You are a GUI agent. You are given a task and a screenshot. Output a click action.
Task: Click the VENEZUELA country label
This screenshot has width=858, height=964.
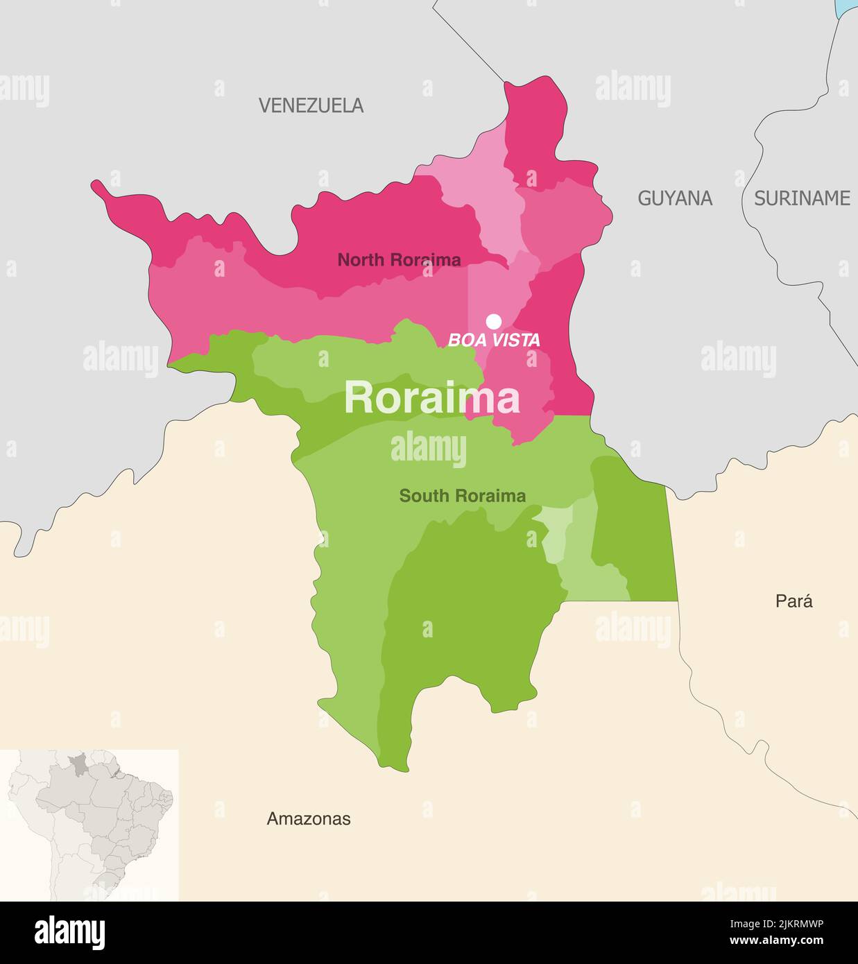click(x=311, y=105)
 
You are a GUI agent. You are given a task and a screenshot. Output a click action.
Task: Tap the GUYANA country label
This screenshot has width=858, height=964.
click(x=675, y=198)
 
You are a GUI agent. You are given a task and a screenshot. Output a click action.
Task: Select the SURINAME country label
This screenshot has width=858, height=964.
click(x=802, y=198)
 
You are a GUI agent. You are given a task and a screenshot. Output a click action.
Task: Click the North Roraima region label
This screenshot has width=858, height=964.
click(x=399, y=260)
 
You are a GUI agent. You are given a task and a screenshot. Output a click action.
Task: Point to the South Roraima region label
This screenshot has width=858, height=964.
click(x=462, y=496)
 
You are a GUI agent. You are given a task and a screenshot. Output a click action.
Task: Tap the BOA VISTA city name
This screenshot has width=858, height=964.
click(x=494, y=341)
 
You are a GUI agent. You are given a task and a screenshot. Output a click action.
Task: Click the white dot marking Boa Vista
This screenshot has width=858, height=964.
click(x=494, y=321)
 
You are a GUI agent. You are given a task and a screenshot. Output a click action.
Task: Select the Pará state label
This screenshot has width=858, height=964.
click(x=793, y=601)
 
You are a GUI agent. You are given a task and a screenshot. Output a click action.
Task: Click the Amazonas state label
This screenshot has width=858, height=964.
click(x=309, y=819)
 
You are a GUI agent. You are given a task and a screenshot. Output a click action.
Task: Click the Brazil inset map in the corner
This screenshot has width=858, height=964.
click(x=90, y=825)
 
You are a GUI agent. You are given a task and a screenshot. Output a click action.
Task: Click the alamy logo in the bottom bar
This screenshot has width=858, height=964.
click(x=69, y=932)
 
